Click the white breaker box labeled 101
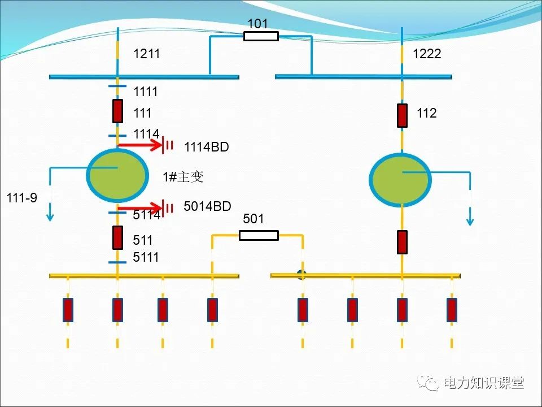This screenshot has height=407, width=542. coord(261,36)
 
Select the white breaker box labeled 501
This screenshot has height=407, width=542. coord(259,235)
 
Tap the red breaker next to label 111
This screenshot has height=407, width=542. coord(117,111)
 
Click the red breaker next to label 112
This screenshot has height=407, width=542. coord(402,115)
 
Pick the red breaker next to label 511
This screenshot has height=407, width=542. coord(117,237)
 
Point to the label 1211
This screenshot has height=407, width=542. coord(147,54)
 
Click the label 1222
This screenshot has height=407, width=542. coord(427,54)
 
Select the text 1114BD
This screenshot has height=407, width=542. coord(206,148)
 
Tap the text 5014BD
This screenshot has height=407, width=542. coord(207,206)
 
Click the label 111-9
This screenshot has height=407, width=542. coord(22,198)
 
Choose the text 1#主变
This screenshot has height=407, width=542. coord(183,177)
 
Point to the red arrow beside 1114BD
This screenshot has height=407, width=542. coord(141,145)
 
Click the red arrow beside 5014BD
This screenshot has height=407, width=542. coord(141,209)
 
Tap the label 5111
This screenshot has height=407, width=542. coord(146,257)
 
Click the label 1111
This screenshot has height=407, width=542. coord(146,92)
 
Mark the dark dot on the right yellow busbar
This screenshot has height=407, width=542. coord(302,275)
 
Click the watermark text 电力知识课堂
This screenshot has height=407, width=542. coord(484,383)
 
